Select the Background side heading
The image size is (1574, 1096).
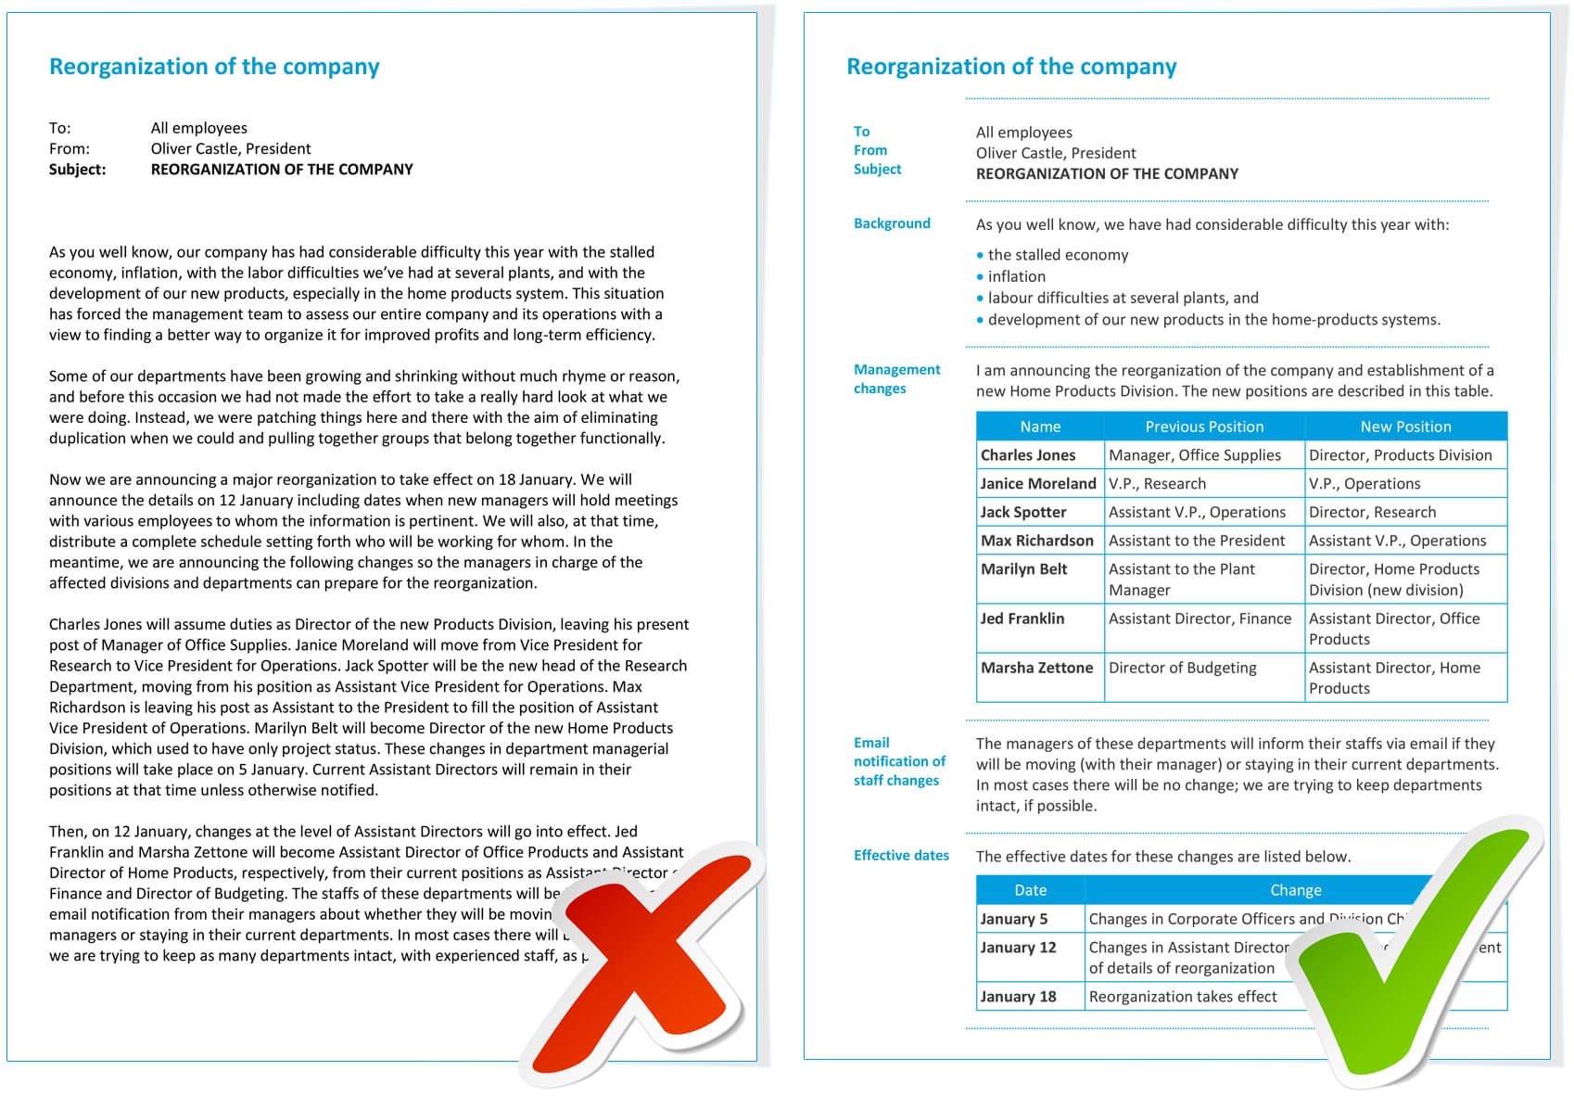click(892, 223)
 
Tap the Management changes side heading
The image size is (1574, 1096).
click(896, 378)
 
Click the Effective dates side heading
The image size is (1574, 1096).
click(901, 855)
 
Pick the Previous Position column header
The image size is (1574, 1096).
click(1204, 427)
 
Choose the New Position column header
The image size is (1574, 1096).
click(1405, 427)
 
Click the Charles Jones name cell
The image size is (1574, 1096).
click(1028, 455)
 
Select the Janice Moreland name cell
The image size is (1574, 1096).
click(1038, 483)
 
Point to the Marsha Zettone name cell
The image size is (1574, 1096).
click(1036, 668)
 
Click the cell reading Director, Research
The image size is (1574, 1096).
click(1372, 512)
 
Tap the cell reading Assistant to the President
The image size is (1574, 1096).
click(1197, 541)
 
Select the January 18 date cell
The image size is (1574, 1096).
click(1018, 997)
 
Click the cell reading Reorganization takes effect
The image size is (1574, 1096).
click(1183, 997)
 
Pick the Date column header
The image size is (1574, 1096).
click(1030, 890)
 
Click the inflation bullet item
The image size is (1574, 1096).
click(1016, 276)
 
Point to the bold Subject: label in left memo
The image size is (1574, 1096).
click(78, 170)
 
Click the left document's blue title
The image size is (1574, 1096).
click(214, 67)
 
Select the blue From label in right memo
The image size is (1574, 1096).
click(870, 150)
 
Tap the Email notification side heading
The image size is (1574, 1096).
click(899, 761)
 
